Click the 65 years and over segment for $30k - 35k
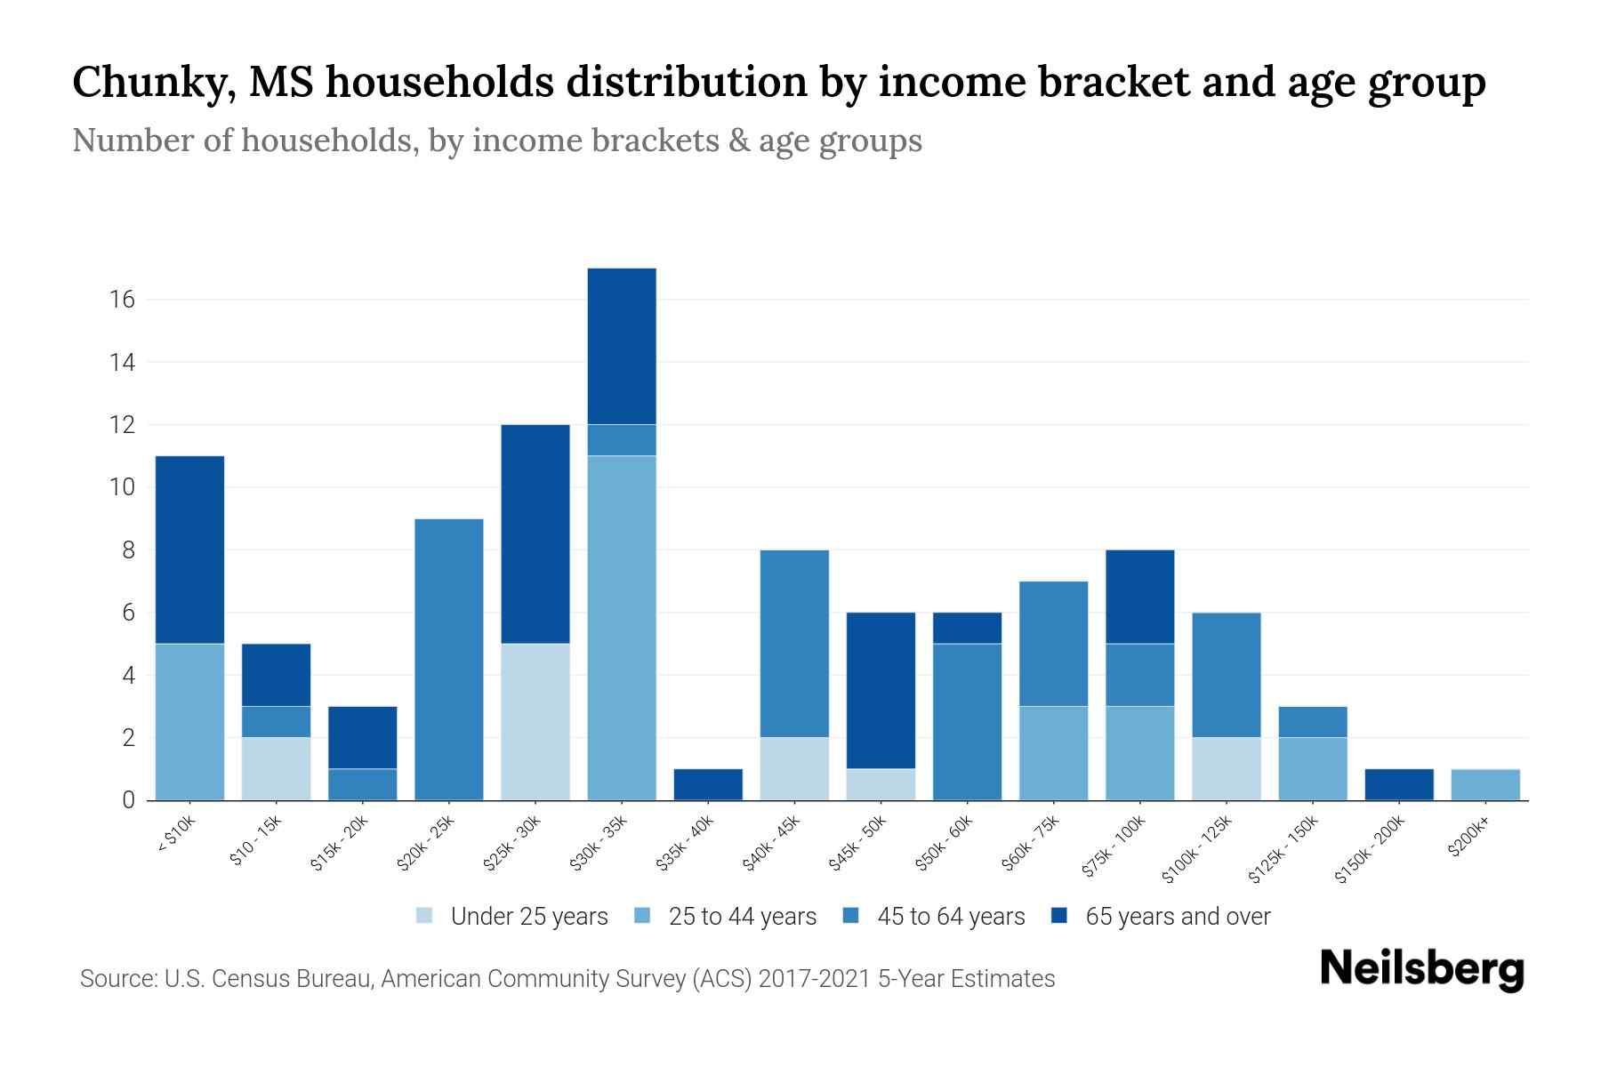pyautogui.click(x=622, y=346)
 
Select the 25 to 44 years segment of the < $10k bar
pyautogui.click(x=189, y=722)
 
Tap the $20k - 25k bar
pyautogui.click(x=449, y=659)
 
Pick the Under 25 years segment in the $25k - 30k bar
pyautogui.click(x=535, y=722)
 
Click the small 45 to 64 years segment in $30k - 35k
pyautogui.click(x=622, y=440)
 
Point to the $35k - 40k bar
pyautogui.click(x=708, y=784)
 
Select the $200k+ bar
pyautogui.click(x=1485, y=784)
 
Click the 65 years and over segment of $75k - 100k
pyautogui.click(x=1139, y=597)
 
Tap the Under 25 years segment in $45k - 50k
pyautogui.click(x=881, y=784)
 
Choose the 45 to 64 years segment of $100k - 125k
pyautogui.click(x=1227, y=675)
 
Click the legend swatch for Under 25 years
pyautogui.click(x=425, y=916)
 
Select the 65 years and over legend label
pyautogui.click(x=1178, y=917)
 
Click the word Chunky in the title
pyautogui.click(x=148, y=83)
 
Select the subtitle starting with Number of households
pyautogui.click(x=496, y=140)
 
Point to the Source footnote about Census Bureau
pyautogui.click(x=567, y=979)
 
